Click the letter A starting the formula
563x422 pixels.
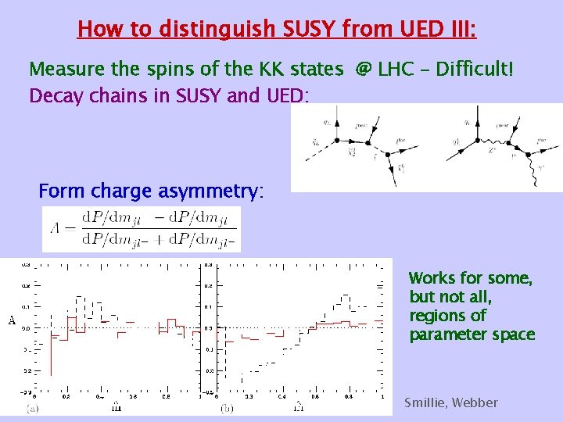[x=53, y=230]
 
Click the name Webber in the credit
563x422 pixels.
[x=475, y=403]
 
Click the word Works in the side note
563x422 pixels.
[x=432, y=279]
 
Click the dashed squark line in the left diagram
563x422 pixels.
[x=322, y=148]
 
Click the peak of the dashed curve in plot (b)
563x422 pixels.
[x=347, y=295]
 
